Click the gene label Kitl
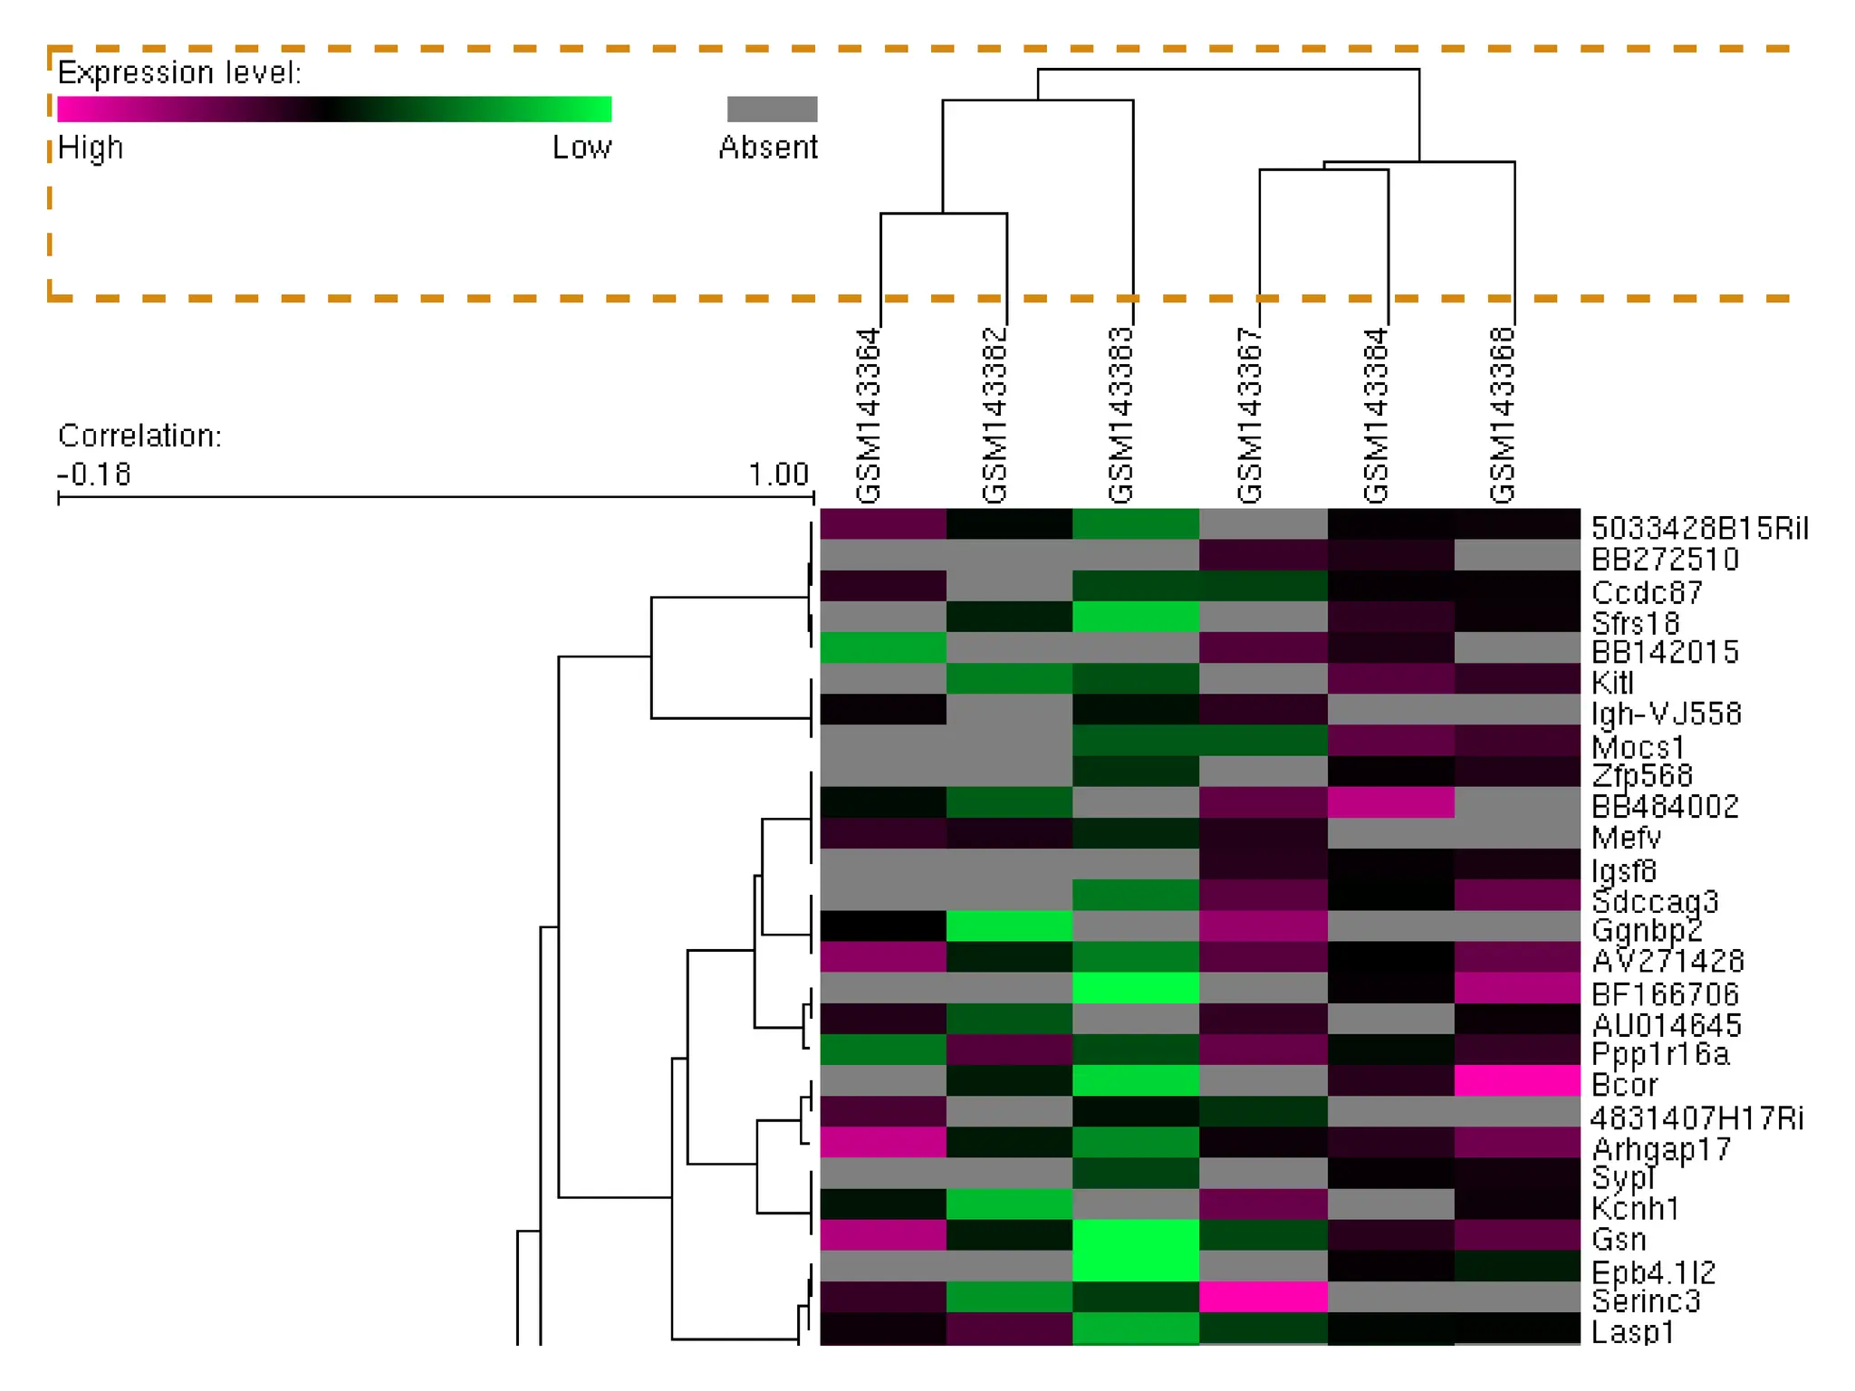click(1612, 682)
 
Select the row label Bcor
click(1624, 1085)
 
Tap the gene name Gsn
click(1619, 1239)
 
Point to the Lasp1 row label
click(1632, 1332)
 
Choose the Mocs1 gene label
click(1638, 747)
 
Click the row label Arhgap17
click(1661, 1148)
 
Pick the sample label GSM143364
click(868, 416)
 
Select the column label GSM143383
click(1120, 416)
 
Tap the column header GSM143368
click(1502, 416)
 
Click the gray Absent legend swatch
click(772, 110)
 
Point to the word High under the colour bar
click(90, 148)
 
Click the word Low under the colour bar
click(581, 148)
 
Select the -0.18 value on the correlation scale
click(94, 474)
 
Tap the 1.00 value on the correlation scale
click(778, 474)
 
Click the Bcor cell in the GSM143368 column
click(1517, 1080)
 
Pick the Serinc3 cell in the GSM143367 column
click(1263, 1297)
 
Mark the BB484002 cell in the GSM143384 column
click(1390, 802)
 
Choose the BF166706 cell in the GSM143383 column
click(1136, 988)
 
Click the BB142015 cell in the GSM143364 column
click(882, 648)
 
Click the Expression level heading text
click(179, 72)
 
